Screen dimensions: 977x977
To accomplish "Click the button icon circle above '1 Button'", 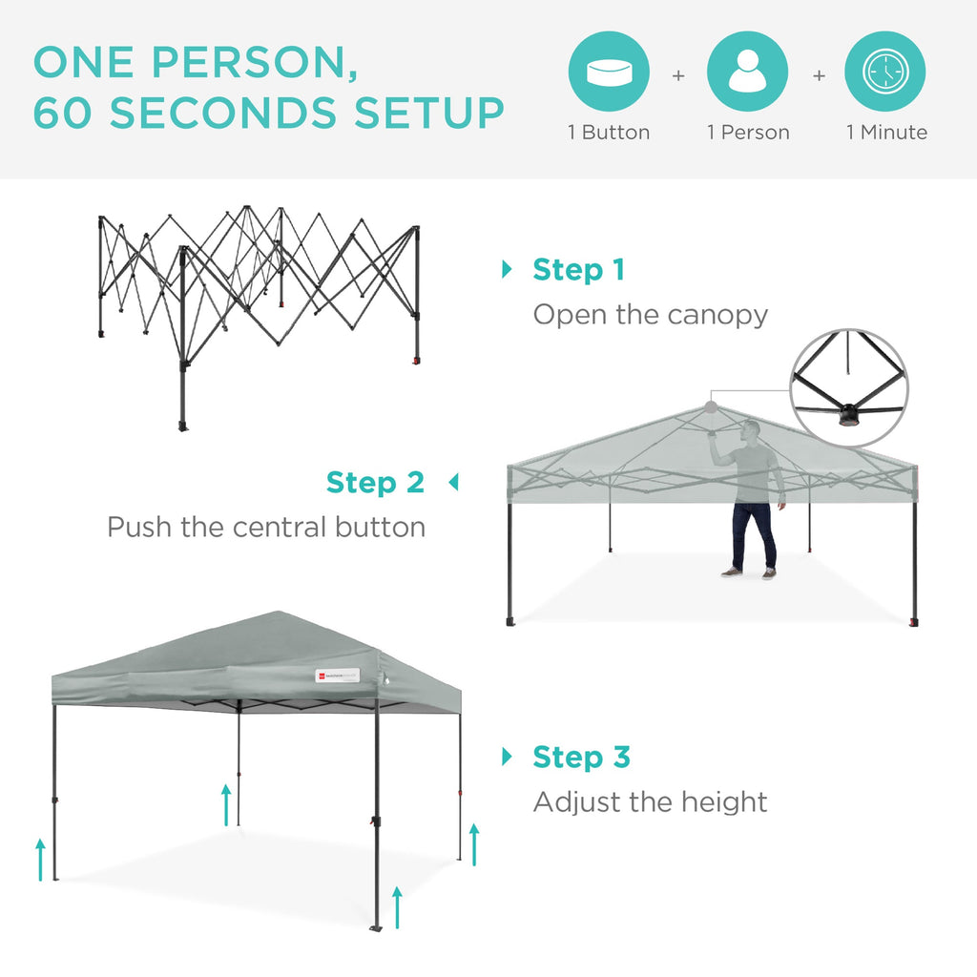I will pyautogui.click(x=609, y=73).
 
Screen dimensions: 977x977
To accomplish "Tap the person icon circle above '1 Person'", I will pyautogui.click(x=747, y=73).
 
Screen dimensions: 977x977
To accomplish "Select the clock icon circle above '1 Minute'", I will pyautogui.click(x=885, y=73).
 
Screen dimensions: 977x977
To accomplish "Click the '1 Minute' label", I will pyautogui.click(x=886, y=133).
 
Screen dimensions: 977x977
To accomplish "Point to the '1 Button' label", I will pyautogui.click(x=609, y=133).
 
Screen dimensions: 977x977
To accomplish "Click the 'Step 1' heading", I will pyautogui.click(x=578, y=270).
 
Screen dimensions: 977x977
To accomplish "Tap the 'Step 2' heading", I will pyautogui.click(x=375, y=483).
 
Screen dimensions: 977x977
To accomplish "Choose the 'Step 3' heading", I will pyautogui.click(x=581, y=758).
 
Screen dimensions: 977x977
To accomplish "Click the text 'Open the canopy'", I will pyautogui.click(x=650, y=315).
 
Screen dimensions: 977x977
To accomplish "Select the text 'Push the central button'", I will pyautogui.click(x=266, y=527).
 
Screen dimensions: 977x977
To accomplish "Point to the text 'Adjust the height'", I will pyautogui.click(x=650, y=802).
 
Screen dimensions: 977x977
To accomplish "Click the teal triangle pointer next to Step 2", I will pyautogui.click(x=453, y=483).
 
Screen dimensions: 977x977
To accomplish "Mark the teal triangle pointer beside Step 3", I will pyautogui.click(x=507, y=758).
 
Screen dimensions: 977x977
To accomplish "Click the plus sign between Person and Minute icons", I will pyautogui.click(x=818, y=74).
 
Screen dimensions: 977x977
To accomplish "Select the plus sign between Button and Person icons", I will pyautogui.click(x=678, y=74).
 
